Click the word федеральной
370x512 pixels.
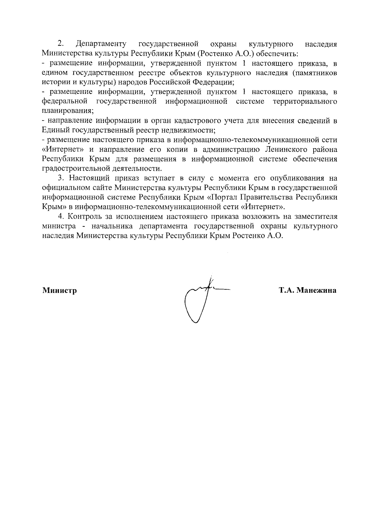tap(63, 101)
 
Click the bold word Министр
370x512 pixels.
tap(60, 291)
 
